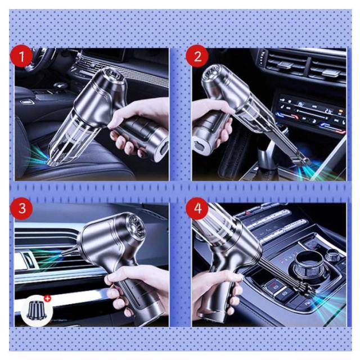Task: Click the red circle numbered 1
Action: tap(21, 56)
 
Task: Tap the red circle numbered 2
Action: tap(197, 56)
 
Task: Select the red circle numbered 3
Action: tap(21, 209)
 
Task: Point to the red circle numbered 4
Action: tap(197, 209)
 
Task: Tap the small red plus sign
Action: tap(48, 299)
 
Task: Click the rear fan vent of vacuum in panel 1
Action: tap(115, 76)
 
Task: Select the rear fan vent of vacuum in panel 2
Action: tap(212, 73)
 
